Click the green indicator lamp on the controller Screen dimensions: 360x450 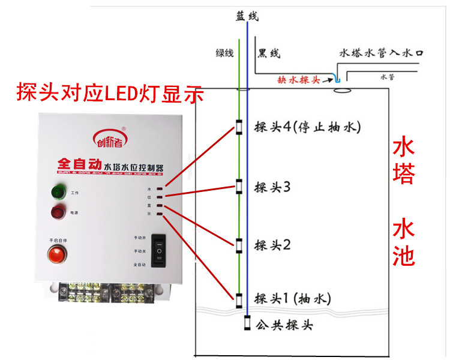click(58, 192)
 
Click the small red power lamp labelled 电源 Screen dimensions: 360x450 click(58, 211)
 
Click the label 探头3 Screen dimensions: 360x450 click(272, 187)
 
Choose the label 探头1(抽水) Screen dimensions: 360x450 click(293, 298)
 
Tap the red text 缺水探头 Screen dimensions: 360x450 click(299, 79)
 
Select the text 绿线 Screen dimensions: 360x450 click(225, 53)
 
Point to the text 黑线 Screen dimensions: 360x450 click(268, 53)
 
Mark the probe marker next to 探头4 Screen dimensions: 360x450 click(239, 127)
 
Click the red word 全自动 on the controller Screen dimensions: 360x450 click(79, 163)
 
